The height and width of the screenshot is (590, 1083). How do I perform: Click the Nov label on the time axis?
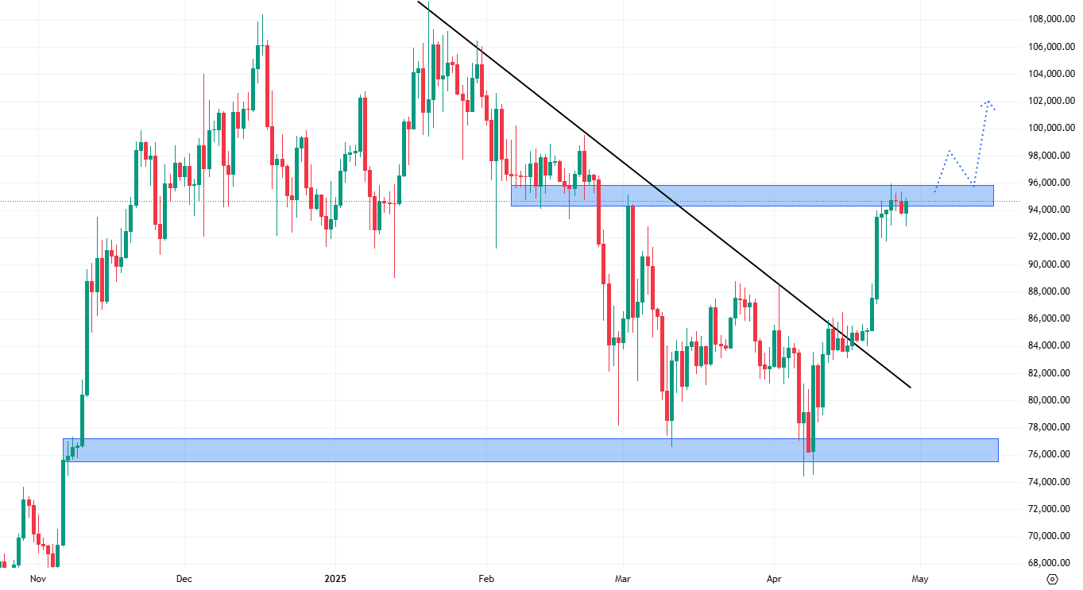pos(37,579)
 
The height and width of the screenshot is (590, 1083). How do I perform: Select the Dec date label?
pos(184,579)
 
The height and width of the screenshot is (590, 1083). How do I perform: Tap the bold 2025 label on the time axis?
pos(335,579)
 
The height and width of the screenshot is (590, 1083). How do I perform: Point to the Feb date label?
pos(485,579)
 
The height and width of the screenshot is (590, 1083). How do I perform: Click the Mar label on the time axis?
pos(623,579)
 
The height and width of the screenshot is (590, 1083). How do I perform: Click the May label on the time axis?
pos(920,579)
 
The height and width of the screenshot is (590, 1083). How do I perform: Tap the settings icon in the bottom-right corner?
pos(1054,579)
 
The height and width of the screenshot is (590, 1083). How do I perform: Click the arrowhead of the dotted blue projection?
pos(988,102)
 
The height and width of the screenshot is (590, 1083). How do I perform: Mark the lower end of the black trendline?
pos(911,388)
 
